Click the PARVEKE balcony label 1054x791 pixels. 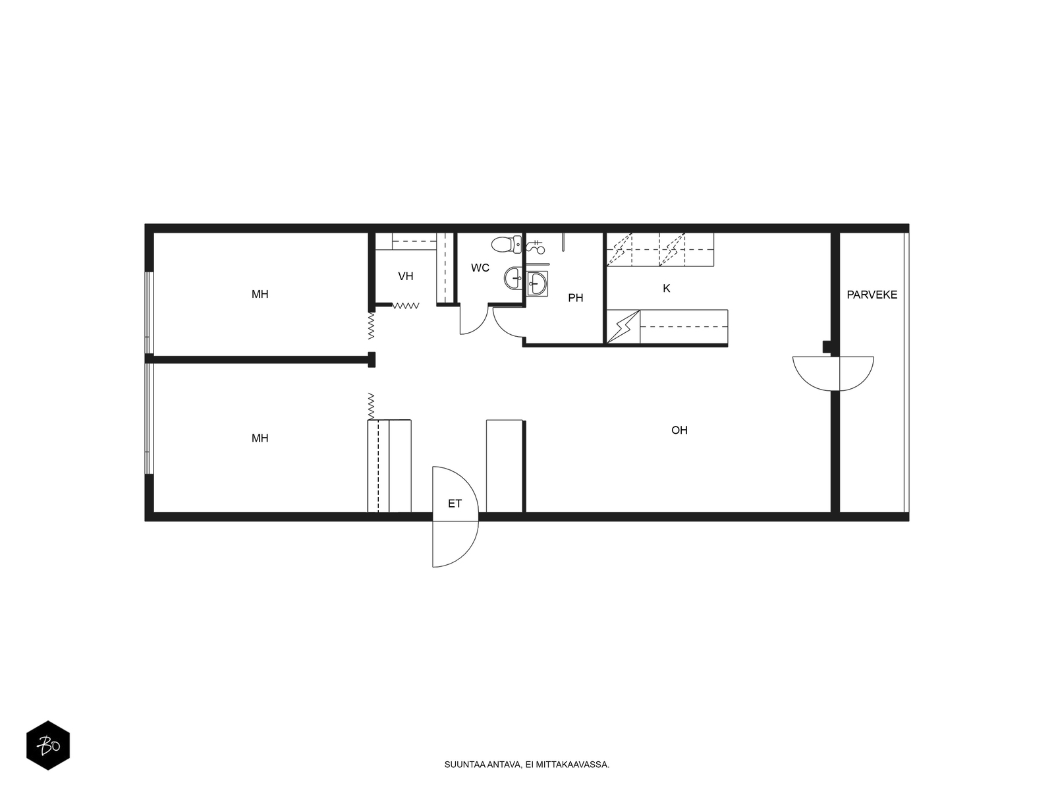click(872, 295)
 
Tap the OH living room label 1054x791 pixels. click(679, 430)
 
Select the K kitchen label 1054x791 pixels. click(666, 288)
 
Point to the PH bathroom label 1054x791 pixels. click(575, 298)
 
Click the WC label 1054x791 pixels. click(480, 268)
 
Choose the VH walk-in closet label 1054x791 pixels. click(405, 276)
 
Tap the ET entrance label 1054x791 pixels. click(455, 504)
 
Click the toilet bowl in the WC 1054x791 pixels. click(506, 245)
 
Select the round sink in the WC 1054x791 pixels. click(513, 278)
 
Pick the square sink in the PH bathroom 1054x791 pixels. click(537, 284)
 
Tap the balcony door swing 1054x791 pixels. click(833, 374)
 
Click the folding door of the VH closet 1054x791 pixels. click(406, 305)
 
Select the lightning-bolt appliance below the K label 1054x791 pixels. click(623, 326)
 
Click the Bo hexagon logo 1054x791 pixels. click(48, 746)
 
